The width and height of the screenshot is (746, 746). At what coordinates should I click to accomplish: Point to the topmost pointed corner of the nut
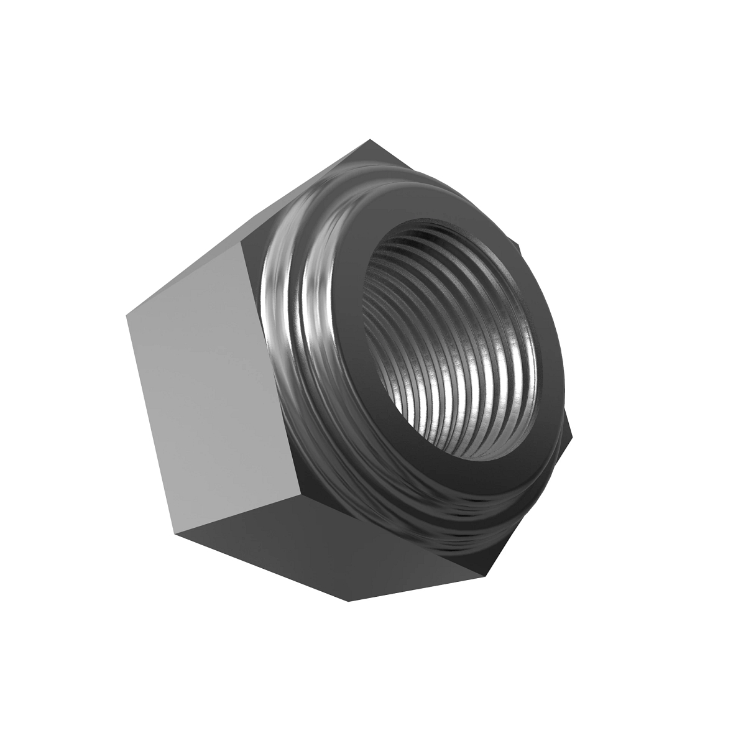[370, 140]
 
